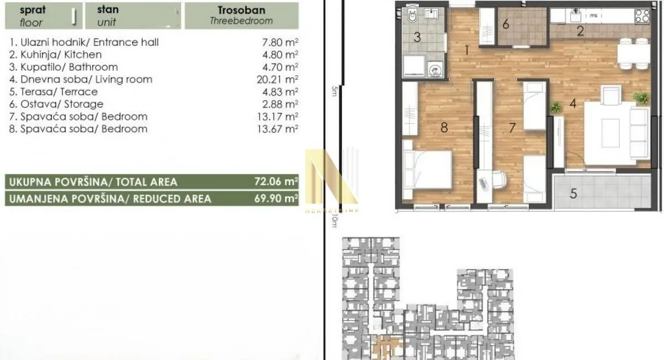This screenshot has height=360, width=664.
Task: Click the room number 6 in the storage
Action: click(506, 24)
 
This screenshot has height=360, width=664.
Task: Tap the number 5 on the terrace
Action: click(574, 194)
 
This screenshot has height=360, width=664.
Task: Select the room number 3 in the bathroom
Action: click(418, 38)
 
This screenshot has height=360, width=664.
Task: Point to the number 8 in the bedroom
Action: click(443, 127)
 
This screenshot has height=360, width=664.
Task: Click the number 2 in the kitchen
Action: click(580, 32)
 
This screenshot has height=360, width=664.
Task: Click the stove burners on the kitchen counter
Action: click(642, 16)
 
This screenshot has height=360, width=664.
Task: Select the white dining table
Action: click(634, 54)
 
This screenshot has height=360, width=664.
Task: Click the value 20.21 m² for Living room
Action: click(280, 80)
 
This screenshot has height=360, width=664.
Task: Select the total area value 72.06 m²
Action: click(280, 181)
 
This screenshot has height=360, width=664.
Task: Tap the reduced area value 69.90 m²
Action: click(280, 199)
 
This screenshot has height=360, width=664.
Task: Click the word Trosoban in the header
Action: click(241, 10)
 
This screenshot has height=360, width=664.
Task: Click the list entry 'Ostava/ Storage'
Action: click(56, 104)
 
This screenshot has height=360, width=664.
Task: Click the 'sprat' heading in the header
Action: click(33, 10)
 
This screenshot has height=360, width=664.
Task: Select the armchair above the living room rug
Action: click(612, 95)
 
